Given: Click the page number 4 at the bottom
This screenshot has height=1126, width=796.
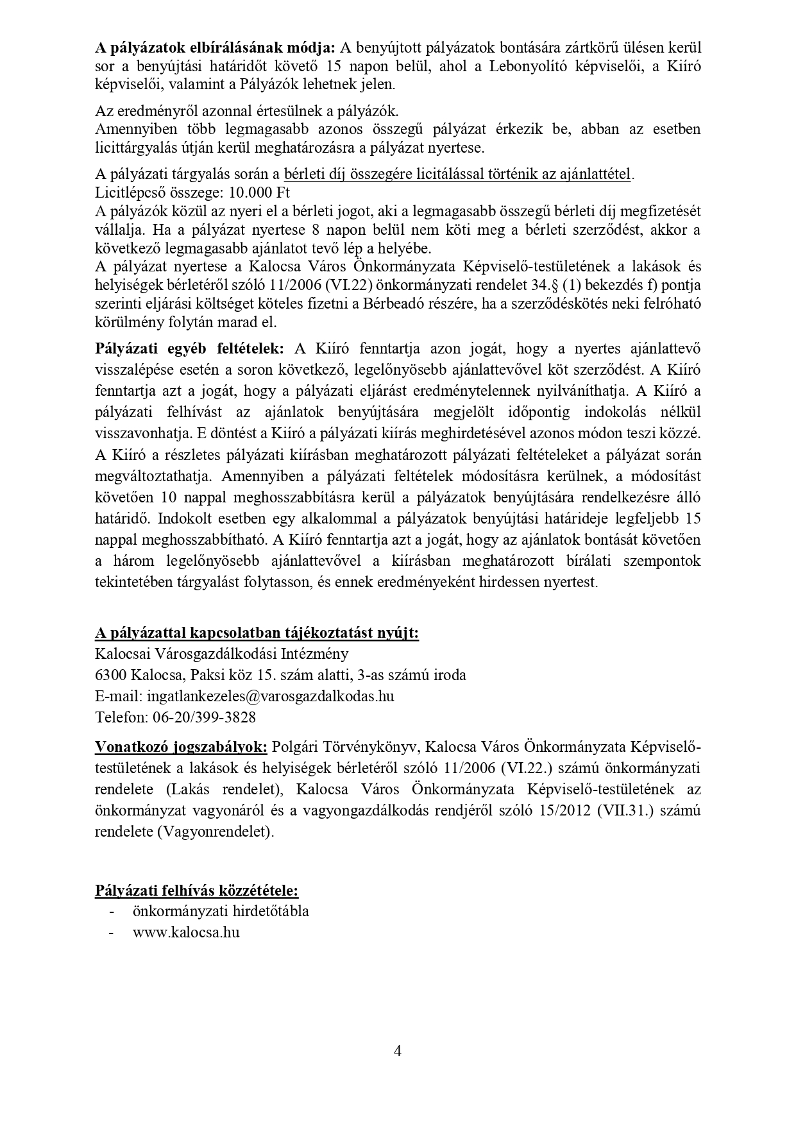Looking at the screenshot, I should click(398, 1051).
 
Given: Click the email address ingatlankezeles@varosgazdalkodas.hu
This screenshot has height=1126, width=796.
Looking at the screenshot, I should click(270, 695).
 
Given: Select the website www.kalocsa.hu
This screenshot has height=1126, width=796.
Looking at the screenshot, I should click(186, 932).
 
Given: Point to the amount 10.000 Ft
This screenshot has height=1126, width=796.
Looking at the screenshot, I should click(263, 192).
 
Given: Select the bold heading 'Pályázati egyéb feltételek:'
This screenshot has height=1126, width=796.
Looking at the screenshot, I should click(189, 349).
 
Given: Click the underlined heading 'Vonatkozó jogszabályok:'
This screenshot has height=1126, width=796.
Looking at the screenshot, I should click(182, 747).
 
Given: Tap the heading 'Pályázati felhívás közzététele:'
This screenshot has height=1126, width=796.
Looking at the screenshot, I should click(196, 891).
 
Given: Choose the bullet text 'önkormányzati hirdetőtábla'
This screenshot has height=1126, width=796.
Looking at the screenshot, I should click(221, 911).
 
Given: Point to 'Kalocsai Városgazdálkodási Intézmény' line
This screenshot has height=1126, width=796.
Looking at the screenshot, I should click(222, 654).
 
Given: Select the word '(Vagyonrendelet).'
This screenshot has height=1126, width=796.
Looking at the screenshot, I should click(218, 832).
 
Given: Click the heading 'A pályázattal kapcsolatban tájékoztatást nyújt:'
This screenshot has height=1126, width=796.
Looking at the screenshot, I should click(257, 633).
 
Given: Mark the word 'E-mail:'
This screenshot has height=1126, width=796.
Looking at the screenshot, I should click(119, 695).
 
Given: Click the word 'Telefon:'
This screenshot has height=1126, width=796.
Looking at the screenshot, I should click(120, 717).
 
